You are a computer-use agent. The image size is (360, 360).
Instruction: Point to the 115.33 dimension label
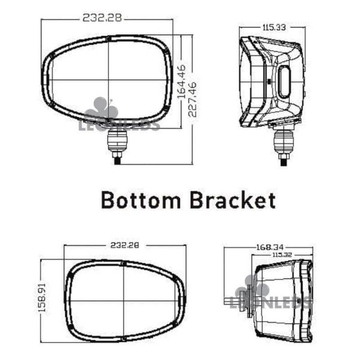click(272, 27)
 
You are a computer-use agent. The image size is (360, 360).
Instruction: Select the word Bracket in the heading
click(233, 199)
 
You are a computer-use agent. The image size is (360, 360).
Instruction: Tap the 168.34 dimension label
click(269, 247)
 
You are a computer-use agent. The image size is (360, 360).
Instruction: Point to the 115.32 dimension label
click(283, 254)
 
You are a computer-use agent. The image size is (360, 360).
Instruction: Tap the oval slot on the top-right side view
click(284, 82)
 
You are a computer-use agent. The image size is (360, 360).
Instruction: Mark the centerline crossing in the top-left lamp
click(107, 81)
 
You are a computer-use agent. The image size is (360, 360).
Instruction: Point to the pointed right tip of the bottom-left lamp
click(184, 299)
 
